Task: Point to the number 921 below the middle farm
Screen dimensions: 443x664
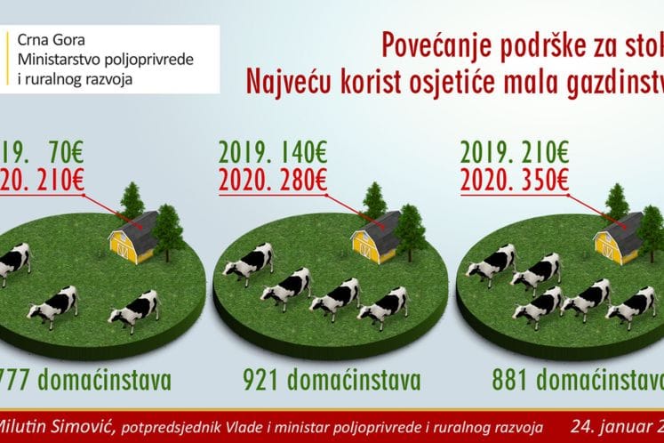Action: click(263, 381)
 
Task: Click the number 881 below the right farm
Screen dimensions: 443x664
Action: click(511, 381)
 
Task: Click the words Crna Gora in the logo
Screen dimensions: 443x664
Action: click(47, 41)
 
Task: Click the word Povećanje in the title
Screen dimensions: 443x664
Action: click(430, 45)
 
